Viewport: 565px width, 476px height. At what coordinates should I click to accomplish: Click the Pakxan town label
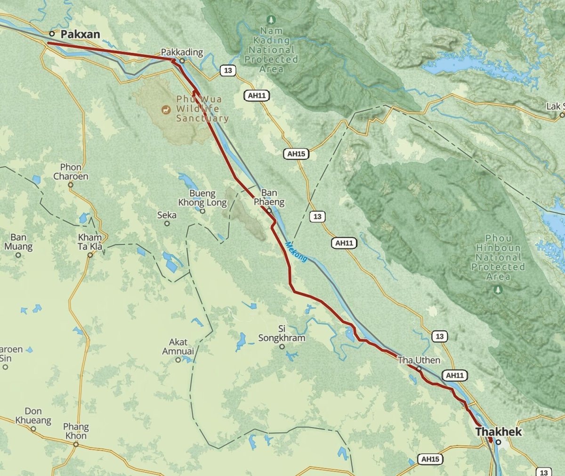(80, 34)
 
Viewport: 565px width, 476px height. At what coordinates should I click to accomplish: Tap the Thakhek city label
(498, 431)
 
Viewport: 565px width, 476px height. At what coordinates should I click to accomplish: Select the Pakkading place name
(182, 52)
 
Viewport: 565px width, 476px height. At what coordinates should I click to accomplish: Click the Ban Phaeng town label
(269, 197)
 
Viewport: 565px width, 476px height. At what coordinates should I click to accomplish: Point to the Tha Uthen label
(419, 360)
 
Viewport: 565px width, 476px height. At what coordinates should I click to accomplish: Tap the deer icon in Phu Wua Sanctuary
(166, 110)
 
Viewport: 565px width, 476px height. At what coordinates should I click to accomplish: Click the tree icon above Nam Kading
(271, 20)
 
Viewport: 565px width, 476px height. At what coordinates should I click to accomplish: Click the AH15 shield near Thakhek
(430, 459)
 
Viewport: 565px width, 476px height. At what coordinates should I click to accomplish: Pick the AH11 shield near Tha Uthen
(455, 376)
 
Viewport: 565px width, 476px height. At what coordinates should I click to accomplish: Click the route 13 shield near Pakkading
(228, 71)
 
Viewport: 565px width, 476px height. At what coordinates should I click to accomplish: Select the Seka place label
(167, 215)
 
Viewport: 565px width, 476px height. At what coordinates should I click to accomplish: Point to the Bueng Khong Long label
(202, 198)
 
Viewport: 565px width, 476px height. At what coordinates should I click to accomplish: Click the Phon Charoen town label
(71, 171)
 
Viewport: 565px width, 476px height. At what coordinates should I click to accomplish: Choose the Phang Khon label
(76, 431)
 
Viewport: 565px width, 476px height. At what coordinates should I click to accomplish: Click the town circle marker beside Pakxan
(52, 33)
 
